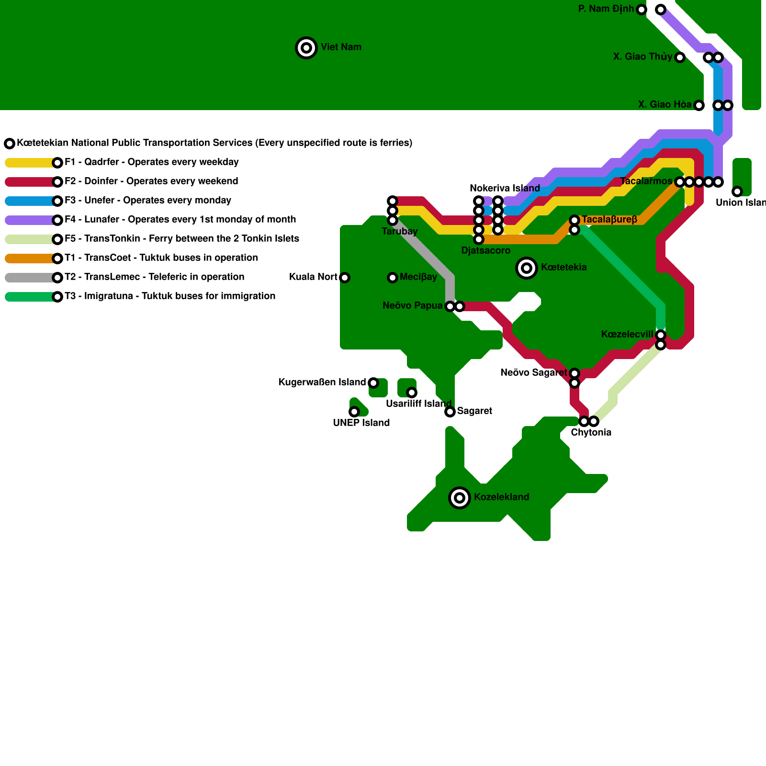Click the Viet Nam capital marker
tap(306, 48)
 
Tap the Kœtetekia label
tap(563, 267)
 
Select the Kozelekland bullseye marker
tap(460, 498)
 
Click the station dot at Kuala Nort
tap(345, 278)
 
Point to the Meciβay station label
tap(418, 277)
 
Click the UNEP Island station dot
tap(354, 412)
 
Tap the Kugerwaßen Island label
tap(322, 382)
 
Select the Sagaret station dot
tap(450, 412)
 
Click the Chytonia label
tap(591, 433)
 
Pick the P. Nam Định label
tap(606, 9)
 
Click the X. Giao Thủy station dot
tap(680, 57)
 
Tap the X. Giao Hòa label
tap(665, 104)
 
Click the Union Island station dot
tap(737, 191)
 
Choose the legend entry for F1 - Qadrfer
tap(152, 162)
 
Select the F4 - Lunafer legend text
tap(180, 219)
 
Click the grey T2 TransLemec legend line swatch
tap(31, 278)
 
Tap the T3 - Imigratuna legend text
tap(170, 296)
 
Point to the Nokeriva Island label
tap(505, 188)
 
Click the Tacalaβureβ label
tap(609, 219)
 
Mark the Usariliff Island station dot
tap(412, 393)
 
